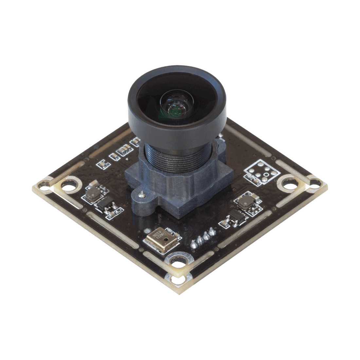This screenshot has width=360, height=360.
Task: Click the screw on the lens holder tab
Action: point(142,194)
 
